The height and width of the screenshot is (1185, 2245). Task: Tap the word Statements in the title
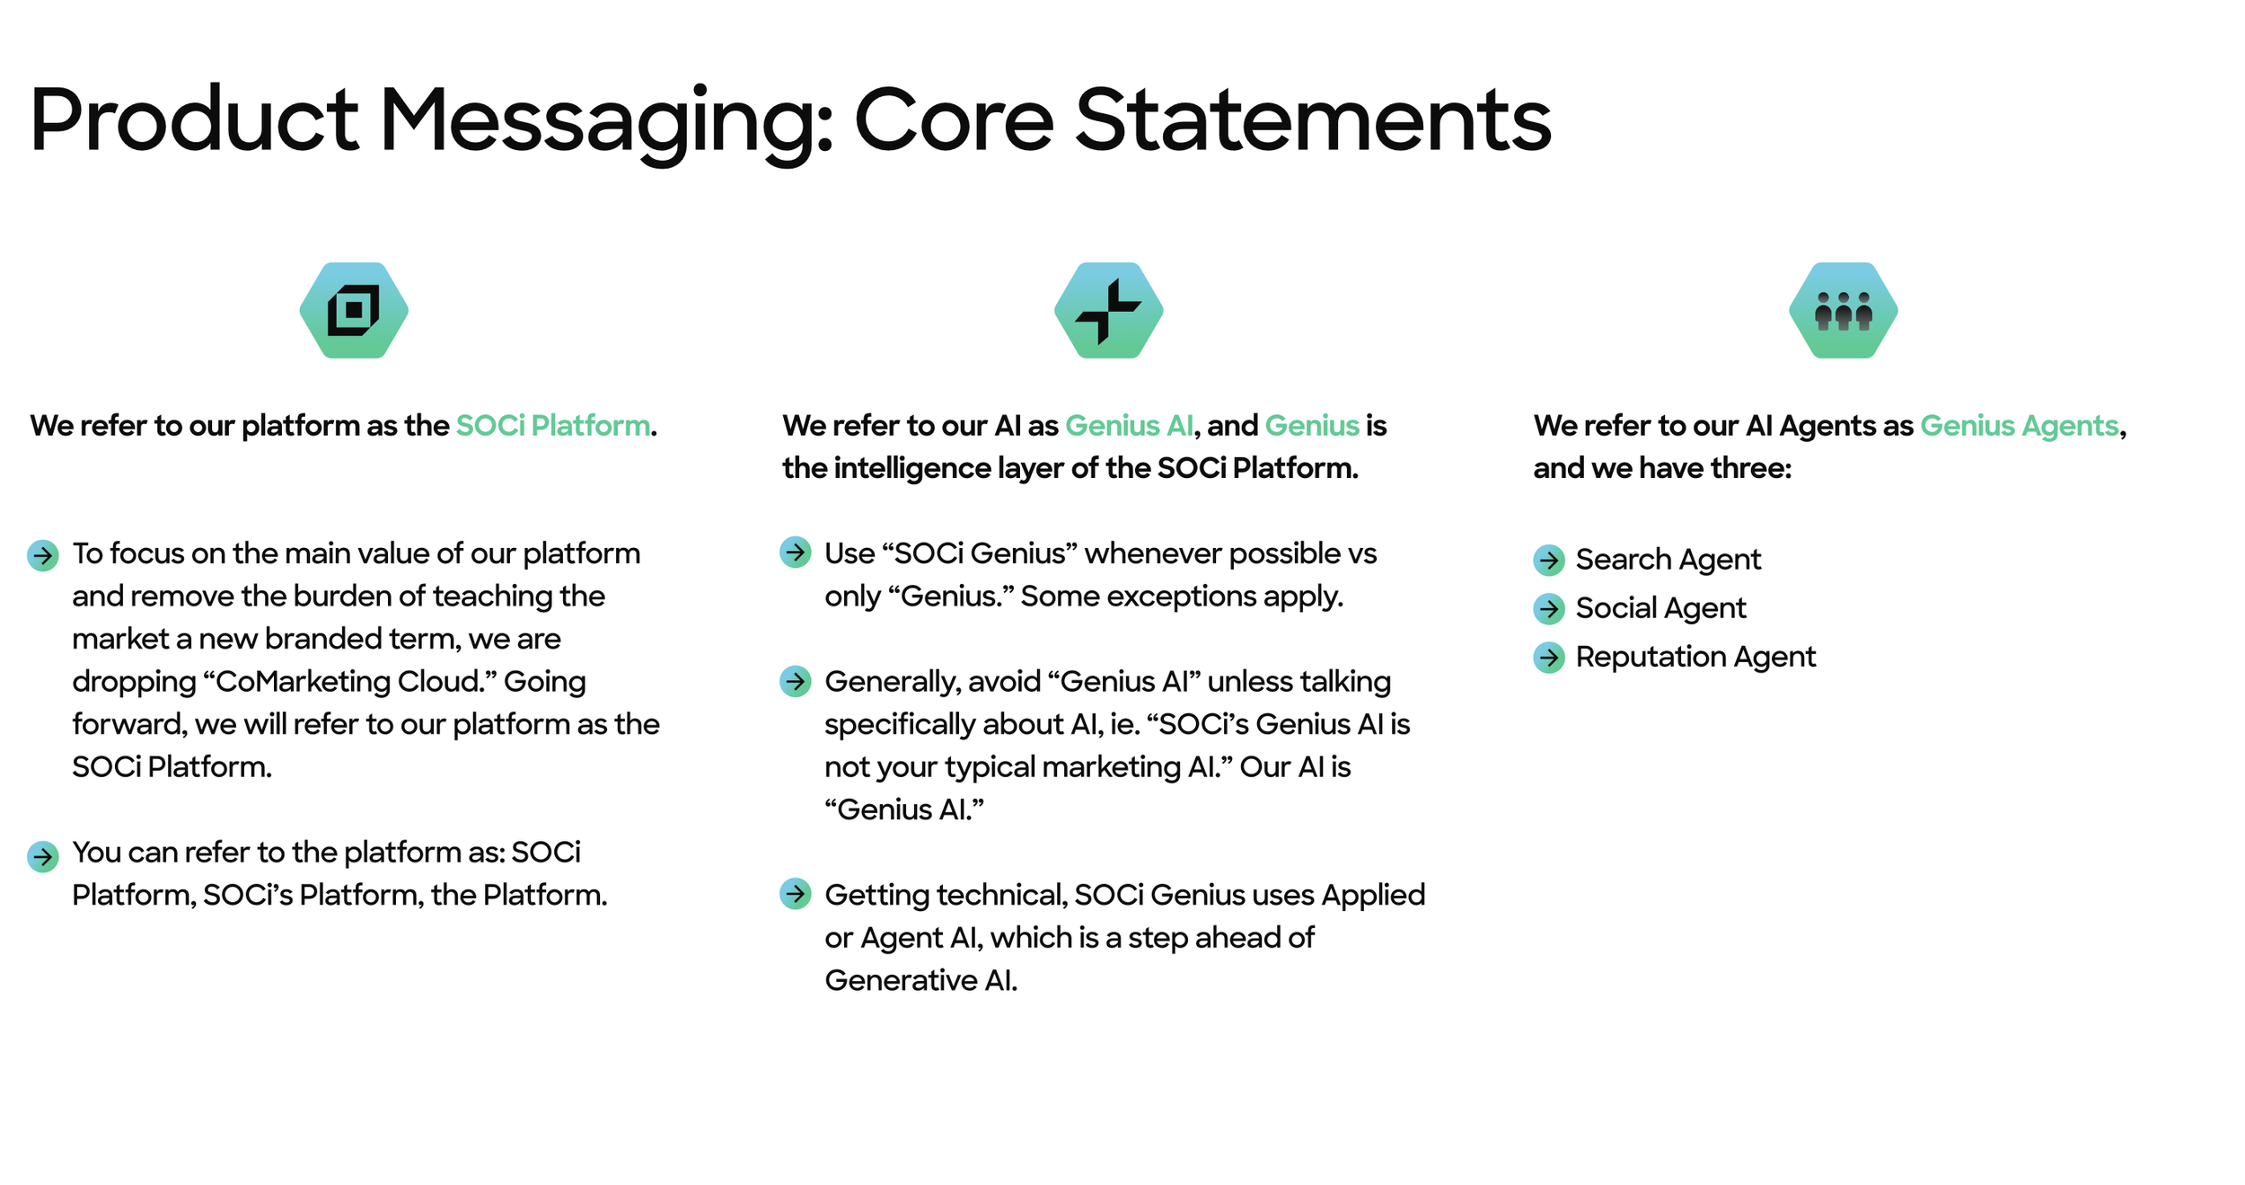[1313, 119]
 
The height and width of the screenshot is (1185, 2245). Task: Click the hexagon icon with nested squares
[354, 310]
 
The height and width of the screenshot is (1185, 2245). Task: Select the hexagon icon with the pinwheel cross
[1108, 310]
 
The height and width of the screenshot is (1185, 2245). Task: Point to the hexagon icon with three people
[1843, 310]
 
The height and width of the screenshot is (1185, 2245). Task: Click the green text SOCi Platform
[553, 425]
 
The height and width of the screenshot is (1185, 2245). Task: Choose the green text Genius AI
[1130, 425]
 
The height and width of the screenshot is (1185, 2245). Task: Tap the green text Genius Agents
[2020, 426]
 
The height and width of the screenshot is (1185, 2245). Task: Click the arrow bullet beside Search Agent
[1549, 560]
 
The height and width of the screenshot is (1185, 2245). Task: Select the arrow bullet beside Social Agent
[1549, 608]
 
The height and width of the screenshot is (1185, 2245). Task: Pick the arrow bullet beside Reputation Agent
[1549, 657]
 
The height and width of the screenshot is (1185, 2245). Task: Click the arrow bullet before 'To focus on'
[43, 555]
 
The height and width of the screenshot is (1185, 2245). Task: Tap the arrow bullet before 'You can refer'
[43, 856]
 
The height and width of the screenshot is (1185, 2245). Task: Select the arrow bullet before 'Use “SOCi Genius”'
[796, 552]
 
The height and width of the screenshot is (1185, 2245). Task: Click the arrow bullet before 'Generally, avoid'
[796, 681]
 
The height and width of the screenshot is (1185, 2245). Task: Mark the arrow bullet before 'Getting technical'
[796, 893]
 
